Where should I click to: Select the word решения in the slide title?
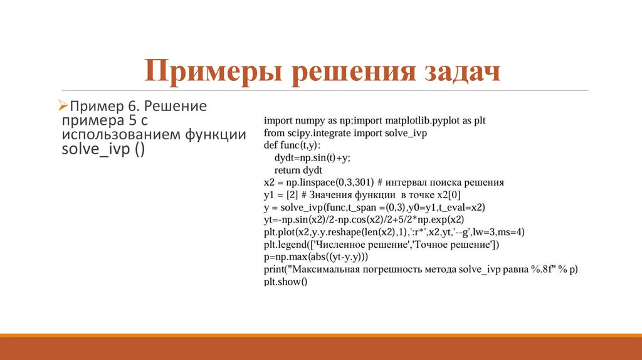[351, 71]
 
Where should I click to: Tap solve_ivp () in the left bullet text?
[103, 151]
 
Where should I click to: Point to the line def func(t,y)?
[292, 145]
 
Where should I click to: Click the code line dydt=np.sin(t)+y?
[312, 157]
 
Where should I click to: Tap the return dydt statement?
[298, 170]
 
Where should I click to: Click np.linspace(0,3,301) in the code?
[327, 183]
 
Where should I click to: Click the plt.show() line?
[286, 282]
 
